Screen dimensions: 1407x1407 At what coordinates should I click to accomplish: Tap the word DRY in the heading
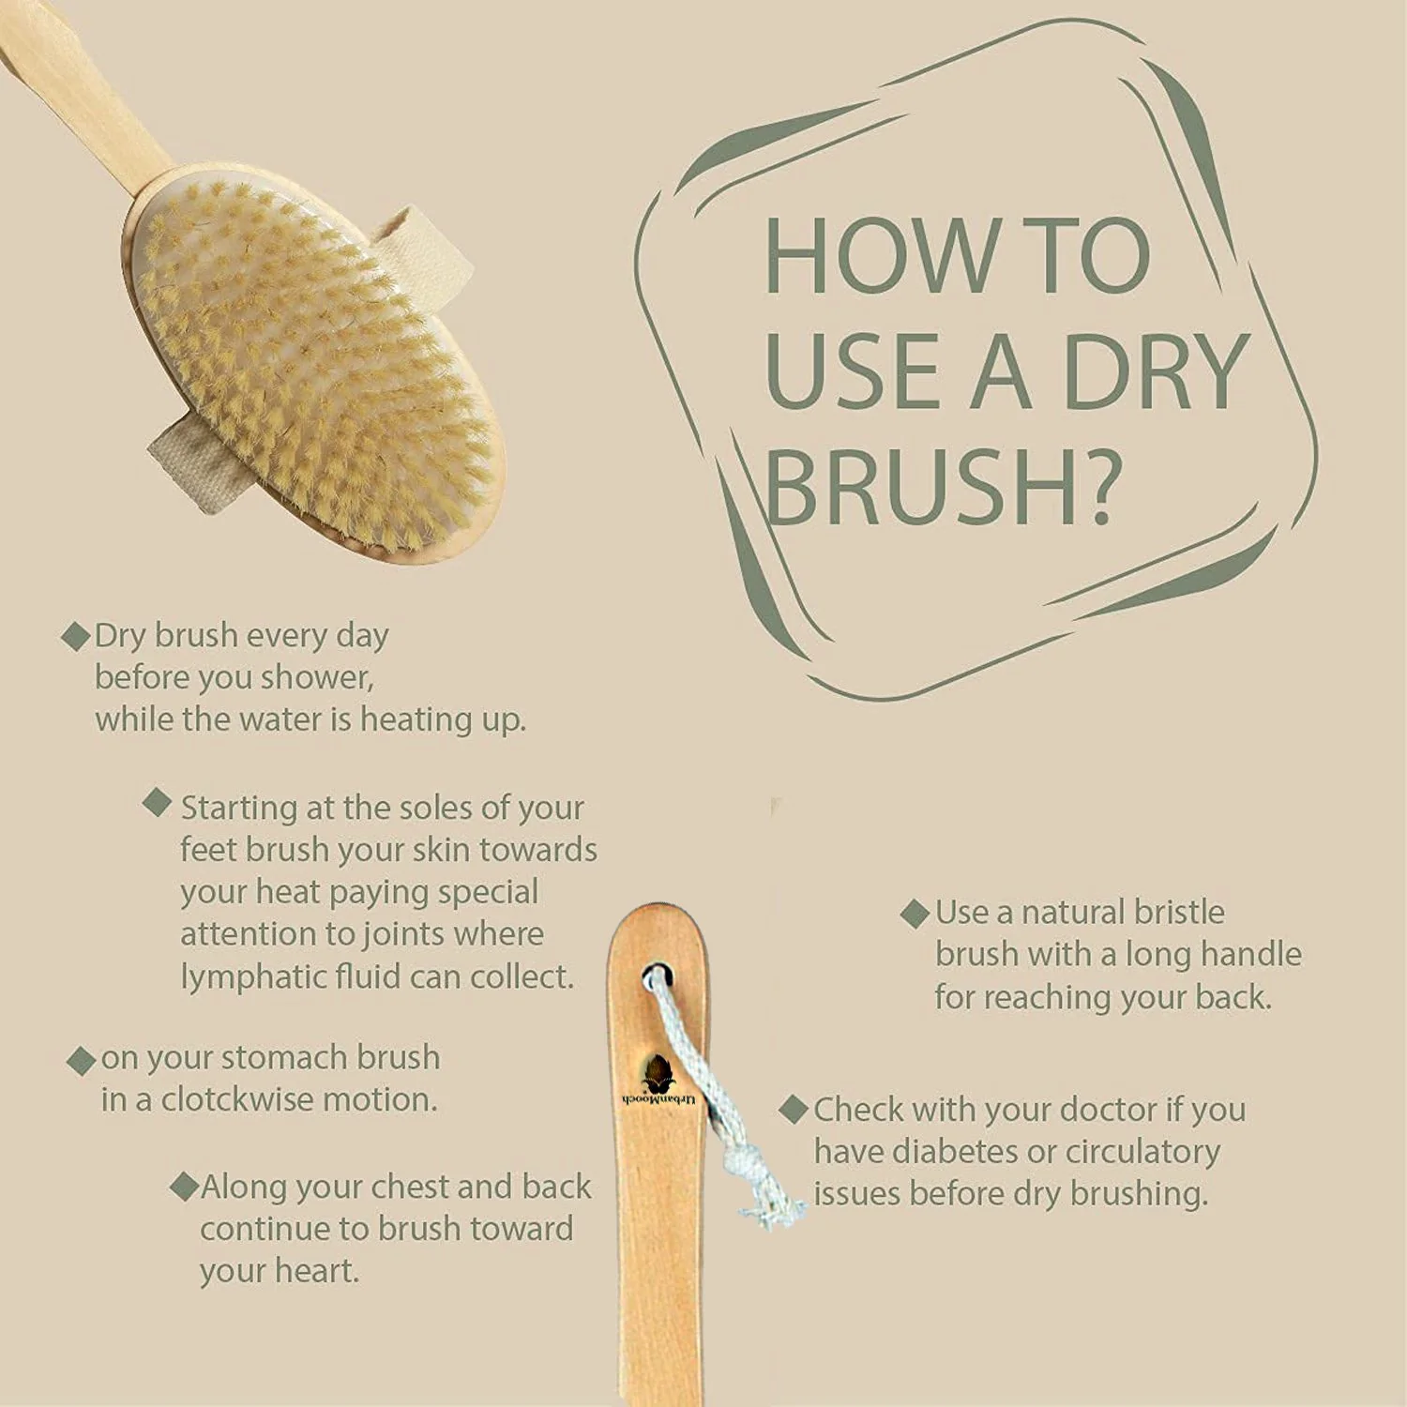1157,371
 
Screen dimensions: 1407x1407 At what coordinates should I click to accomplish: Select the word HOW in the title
883,256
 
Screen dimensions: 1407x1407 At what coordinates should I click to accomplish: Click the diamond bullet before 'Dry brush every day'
75,636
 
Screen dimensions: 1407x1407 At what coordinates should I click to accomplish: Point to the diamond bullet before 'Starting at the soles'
157,802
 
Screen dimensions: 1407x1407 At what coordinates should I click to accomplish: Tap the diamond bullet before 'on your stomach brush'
82,1061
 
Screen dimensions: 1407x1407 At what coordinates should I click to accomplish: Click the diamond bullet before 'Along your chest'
184,1186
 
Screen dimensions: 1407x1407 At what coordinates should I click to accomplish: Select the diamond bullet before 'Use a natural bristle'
915,914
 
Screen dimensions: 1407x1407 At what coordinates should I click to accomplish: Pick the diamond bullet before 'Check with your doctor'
794,1110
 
